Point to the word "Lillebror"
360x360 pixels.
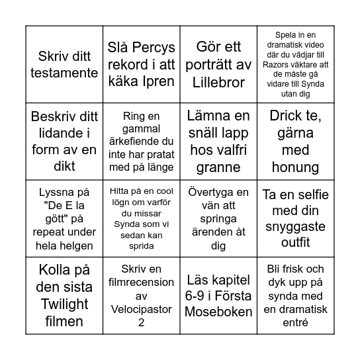pyautogui.click(x=218, y=82)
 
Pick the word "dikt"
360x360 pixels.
pyautogui.click(x=64, y=165)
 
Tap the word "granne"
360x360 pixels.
pyautogui.click(x=218, y=167)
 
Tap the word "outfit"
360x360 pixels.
pyautogui.click(x=295, y=242)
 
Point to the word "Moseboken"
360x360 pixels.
pyautogui.click(x=218, y=311)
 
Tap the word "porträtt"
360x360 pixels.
pyautogui.click(x=218, y=65)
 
